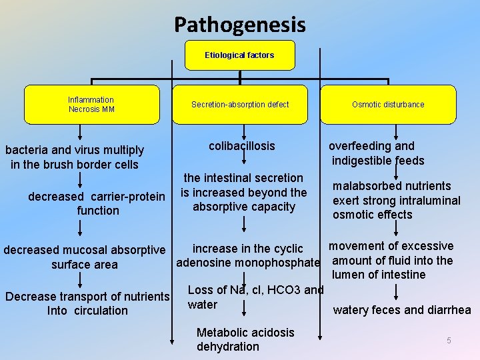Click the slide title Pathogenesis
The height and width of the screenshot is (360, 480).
pyautogui.click(x=240, y=25)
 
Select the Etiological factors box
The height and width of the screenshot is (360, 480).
pyautogui.click(x=239, y=55)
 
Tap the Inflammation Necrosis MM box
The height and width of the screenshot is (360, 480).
pyautogui.click(x=91, y=105)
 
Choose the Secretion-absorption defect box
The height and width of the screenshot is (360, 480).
pyautogui.click(x=240, y=105)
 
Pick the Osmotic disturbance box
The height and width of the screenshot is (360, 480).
pyautogui.click(x=388, y=105)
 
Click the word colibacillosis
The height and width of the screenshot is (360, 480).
pyautogui.click(x=241, y=146)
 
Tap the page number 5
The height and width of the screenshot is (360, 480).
pyautogui.click(x=449, y=341)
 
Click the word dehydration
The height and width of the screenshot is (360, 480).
pyautogui.click(x=228, y=347)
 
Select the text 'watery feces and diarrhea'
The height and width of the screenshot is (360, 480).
pyautogui.click(x=402, y=310)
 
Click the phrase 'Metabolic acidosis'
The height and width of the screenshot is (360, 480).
pyautogui.click(x=245, y=332)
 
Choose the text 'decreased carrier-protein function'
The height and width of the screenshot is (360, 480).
pyautogui.click(x=97, y=203)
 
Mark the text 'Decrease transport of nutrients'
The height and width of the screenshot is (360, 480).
pyautogui.click(x=87, y=296)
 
